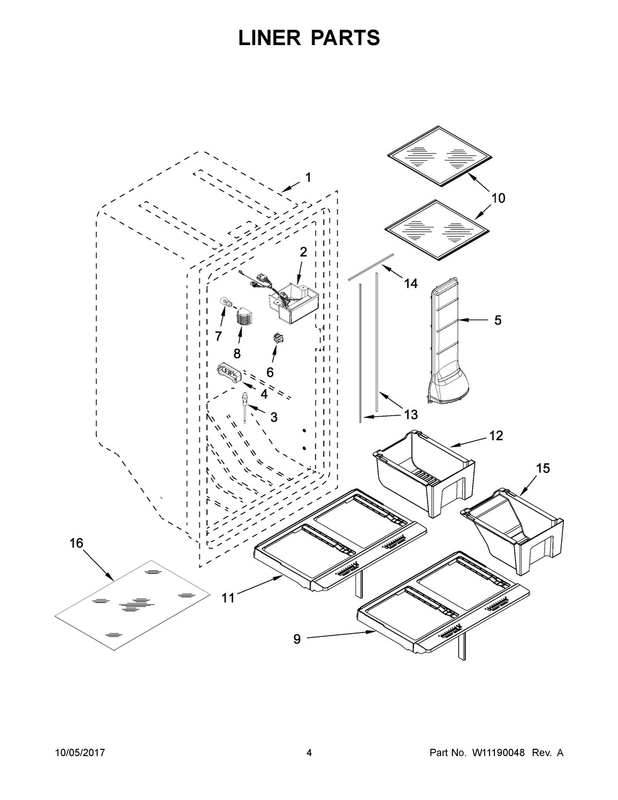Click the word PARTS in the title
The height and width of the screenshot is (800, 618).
346,38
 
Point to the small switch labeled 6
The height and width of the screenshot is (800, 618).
276,338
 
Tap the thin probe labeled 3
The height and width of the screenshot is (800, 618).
244,407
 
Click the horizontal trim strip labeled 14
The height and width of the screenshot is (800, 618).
371,266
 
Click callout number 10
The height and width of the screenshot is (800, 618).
498,198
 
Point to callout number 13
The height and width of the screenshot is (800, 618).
411,415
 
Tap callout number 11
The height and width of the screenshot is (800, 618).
228,598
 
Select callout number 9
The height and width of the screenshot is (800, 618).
297,639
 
